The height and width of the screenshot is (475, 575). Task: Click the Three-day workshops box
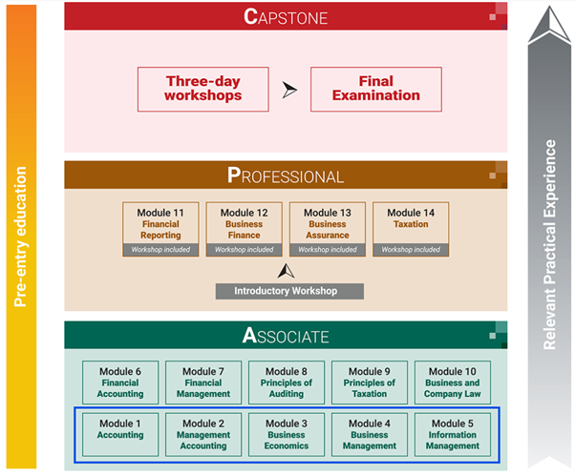coord(202,89)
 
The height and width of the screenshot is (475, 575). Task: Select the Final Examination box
coord(375,89)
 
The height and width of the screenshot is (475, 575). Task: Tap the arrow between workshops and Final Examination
coord(289,90)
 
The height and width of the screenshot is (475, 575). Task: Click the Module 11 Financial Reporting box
coord(160,229)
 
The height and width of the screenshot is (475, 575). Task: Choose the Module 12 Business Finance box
coord(244,229)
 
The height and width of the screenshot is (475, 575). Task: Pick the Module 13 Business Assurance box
coord(327,229)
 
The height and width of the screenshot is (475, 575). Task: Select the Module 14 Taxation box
coord(410,229)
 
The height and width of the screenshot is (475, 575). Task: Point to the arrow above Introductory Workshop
coord(284,271)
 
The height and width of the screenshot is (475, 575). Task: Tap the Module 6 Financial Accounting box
coord(119,382)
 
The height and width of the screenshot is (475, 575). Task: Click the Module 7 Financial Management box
coord(202,382)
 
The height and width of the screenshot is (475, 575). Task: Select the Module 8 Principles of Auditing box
coord(287,382)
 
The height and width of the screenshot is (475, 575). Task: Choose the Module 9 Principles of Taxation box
coord(369,382)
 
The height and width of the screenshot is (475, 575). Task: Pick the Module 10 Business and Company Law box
coord(452,382)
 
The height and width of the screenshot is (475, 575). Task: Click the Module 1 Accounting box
coord(119,433)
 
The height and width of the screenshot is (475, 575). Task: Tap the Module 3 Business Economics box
coord(287,433)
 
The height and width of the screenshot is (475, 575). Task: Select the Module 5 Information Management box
coord(452,433)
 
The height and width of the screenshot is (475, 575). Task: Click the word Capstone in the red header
coord(286,16)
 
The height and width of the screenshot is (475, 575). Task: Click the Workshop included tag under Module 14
coord(410,250)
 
